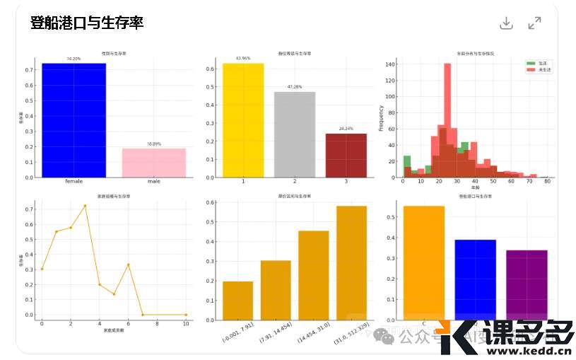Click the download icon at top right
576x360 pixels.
click(506, 23)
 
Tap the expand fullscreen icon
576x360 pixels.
click(535, 23)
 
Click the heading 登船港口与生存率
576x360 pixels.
click(87, 23)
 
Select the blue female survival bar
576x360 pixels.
click(74, 120)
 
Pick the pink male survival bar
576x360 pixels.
click(153, 163)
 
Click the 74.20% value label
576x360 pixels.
click(74, 59)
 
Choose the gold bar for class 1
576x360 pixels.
click(243, 120)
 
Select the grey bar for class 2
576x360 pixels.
click(295, 134)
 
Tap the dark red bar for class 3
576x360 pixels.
click(346, 156)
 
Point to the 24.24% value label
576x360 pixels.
click(346, 129)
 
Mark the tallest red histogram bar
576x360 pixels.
click(447, 120)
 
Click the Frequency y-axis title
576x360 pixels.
click(381, 118)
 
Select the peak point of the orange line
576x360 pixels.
click(85, 206)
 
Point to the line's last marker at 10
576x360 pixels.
click(186, 315)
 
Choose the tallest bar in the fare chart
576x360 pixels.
click(351, 262)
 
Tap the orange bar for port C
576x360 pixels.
click(423, 262)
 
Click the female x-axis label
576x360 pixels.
click(74, 182)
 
